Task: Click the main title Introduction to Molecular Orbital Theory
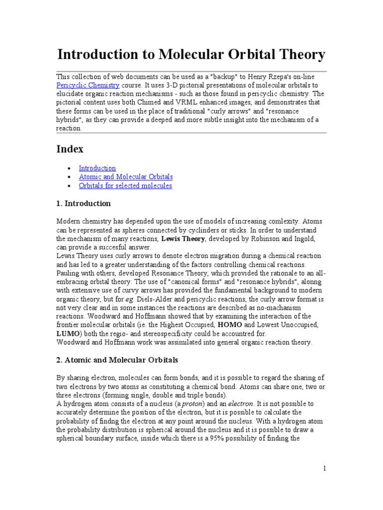pyautogui.click(x=191, y=55)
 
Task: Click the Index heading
pyautogui.click(x=70, y=149)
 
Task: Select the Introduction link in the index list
pyautogui.click(x=97, y=168)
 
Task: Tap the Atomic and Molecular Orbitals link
pyautogui.click(x=126, y=177)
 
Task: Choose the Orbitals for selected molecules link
pyautogui.click(x=125, y=186)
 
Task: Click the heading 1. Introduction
pyautogui.click(x=83, y=204)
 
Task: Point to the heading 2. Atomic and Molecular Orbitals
pyautogui.click(x=117, y=360)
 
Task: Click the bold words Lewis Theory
pyautogui.click(x=182, y=239)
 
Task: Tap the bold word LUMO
pyautogui.click(x=67, y=334)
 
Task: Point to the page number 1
pyautogui.click(x=324, y=469)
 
